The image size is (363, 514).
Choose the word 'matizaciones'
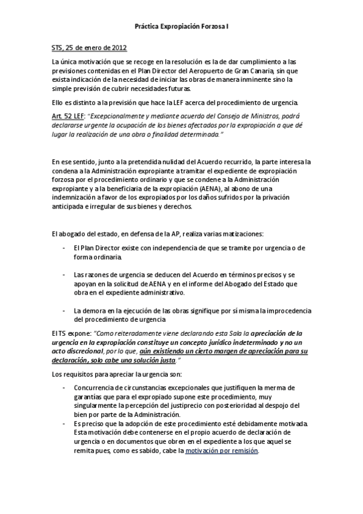[x=241, y=234]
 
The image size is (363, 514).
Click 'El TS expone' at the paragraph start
[x=72, y=333]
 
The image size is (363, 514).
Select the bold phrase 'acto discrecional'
[x=78, y=351]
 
